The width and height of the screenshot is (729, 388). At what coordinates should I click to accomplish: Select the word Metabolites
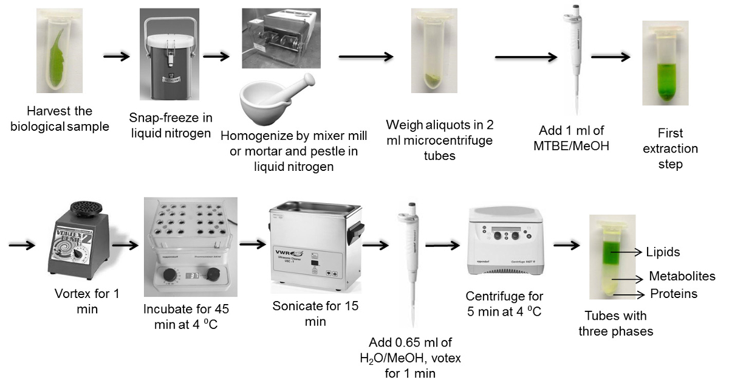tap(682, 277)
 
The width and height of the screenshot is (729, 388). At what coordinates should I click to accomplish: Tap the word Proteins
tap(674, 294)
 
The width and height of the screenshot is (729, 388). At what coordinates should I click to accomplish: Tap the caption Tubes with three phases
tap(615, 323)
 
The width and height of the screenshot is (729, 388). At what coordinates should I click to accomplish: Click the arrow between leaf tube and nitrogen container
tap(116, 57)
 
